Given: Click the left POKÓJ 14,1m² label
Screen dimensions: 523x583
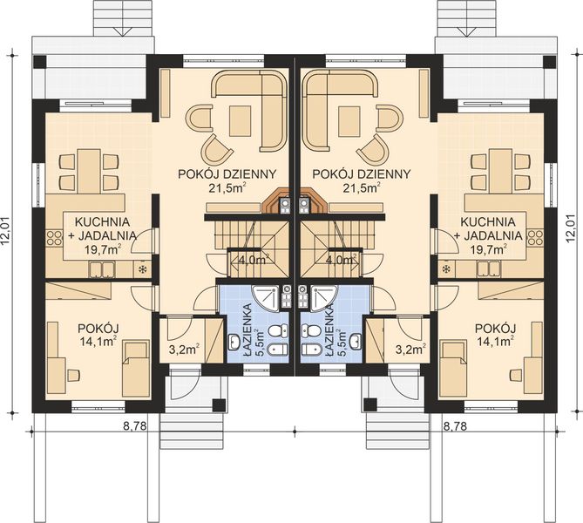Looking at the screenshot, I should click(98, 334).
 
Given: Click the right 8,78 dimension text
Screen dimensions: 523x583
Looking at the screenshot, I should click(456, 427).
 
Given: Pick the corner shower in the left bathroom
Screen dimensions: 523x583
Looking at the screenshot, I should click(267, 300).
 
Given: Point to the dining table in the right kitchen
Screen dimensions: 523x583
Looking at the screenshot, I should click(499, 171).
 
